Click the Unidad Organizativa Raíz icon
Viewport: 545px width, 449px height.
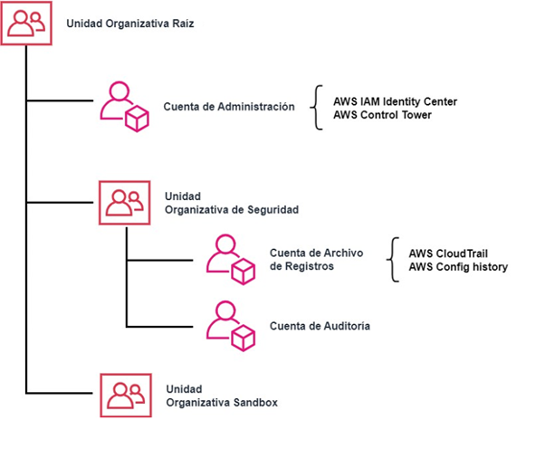[x=26, y=23]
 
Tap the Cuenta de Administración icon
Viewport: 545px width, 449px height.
[x=123, y=107]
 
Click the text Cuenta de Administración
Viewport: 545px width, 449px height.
[x=229, y=107]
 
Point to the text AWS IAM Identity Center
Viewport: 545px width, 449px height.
[x=395, y=101]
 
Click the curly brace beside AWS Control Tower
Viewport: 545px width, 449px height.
[x=316, y=108]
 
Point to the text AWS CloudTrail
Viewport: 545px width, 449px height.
[x=450, y=253]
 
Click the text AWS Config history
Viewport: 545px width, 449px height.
[x=458, y=267]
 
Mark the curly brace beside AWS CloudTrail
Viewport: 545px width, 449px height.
[x=392, y=260]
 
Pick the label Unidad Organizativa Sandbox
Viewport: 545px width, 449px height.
[x=221, y=394]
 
